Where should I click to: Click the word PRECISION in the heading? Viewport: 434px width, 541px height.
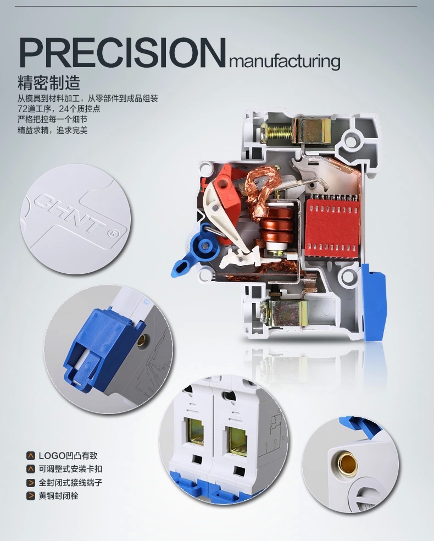click(x=123, y=52)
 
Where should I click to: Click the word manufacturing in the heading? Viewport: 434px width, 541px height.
click(x=285, y=61)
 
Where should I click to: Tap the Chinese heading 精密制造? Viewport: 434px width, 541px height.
click(x=49, y=82)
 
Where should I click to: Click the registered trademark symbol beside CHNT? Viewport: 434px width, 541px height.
click(x=113, y=234)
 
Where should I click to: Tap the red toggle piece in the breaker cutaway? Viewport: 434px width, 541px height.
click(x=227, y=186)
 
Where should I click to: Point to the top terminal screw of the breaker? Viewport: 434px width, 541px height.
click(x=276, y=133)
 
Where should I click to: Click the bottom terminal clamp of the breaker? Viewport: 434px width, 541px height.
click(x=288, y=312)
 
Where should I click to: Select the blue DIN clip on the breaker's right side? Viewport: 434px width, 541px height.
click(x=374, y=302)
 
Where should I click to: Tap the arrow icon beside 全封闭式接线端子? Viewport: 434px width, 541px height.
click(x=31, y=482)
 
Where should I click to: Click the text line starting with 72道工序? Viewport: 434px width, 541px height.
click(x=59, y=109)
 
